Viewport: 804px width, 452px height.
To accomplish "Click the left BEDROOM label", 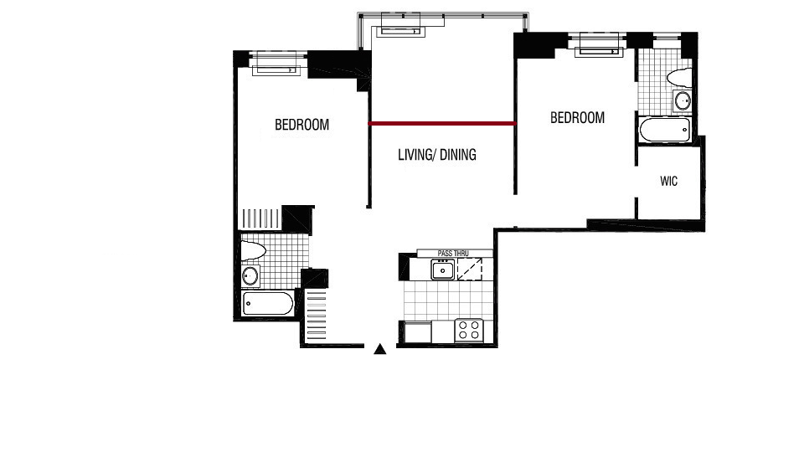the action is tap(302, 125).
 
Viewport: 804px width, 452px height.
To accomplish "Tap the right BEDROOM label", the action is tap(577, 117).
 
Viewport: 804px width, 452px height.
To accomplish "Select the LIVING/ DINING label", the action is tap(437, 154).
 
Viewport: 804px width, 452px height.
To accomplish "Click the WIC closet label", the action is tap(668, 181).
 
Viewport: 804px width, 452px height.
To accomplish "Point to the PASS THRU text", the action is tap(453, 253).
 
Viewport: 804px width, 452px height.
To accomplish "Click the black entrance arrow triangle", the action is tap(380, 349).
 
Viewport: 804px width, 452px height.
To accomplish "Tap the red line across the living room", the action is tap(442, 123).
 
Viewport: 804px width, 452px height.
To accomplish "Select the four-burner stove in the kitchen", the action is tap(469, 330).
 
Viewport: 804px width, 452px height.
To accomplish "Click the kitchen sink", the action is tap(442, 270).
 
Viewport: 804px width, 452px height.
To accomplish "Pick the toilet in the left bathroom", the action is tap(254, 251).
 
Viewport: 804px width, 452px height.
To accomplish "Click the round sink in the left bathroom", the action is tap(250, 275).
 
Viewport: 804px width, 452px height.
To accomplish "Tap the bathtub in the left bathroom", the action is tap(268, 303).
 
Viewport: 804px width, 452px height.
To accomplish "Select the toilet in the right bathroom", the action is tap(680, 76).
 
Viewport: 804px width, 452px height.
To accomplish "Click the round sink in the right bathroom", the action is tap(683, 101).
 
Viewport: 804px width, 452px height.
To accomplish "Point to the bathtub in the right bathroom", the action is tap(665, 130).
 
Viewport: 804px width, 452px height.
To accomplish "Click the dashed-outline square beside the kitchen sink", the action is tap(470, 270).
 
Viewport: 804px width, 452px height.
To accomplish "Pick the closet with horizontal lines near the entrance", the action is tap(316, 316).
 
